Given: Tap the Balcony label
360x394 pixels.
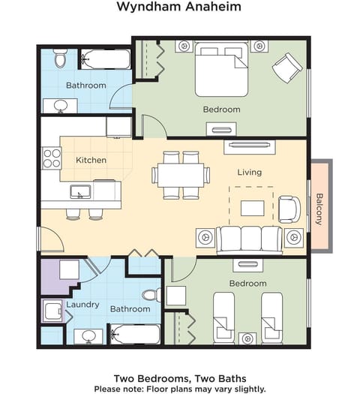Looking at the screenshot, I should click(x=319, y=209).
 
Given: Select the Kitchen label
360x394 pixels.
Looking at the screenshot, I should click(x=91, y=160).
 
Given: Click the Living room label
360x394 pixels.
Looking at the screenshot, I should click(x=249, y=172).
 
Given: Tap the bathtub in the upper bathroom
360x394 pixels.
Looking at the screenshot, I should click(x=105, y=58).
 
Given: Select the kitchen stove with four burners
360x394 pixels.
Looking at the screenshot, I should click(x=52, y=158).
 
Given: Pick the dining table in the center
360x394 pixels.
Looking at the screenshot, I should click(x=181, y=175).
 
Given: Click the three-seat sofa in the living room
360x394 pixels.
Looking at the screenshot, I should click(x=249, y=239).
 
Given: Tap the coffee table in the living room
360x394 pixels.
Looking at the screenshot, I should click(x=256, y=205).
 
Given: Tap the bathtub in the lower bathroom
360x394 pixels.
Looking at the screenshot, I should click(x=134, y=333).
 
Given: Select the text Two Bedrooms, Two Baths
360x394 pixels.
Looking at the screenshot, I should click(x=179, y=377).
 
